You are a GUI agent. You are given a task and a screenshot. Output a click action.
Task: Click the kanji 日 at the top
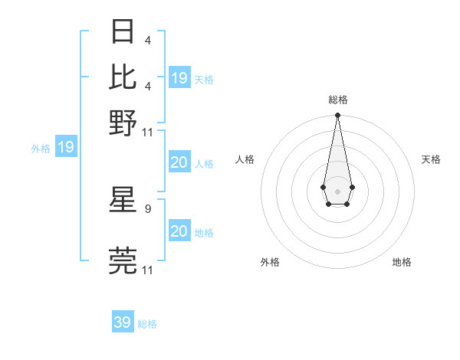point(123,33)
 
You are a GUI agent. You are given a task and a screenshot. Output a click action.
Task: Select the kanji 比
point(123,77)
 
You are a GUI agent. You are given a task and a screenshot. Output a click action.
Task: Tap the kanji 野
point(123,122)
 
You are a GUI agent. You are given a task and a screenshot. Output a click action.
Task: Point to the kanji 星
point(123,200)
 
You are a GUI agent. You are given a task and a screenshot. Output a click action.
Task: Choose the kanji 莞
point(123,260)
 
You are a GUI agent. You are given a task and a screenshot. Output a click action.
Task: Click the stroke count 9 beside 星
point(147,208)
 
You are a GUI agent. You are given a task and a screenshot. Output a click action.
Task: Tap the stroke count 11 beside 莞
point(148,270)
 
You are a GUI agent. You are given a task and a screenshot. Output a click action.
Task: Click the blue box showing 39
point(123,322)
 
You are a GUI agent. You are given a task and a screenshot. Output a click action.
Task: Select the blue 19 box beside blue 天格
point(179,78)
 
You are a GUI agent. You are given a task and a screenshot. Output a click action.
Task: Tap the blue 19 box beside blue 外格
point(66,147)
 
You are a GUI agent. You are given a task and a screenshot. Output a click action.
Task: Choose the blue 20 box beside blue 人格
point(179,162)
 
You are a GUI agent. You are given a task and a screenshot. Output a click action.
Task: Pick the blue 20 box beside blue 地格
point(179,231)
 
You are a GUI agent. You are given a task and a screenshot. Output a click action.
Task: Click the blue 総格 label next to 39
point(147,324)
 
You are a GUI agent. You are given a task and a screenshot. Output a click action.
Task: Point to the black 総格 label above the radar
point(337,100)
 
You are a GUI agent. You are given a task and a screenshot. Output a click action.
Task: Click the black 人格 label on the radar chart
point(245,159)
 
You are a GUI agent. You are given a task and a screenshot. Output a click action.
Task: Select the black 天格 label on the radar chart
point(431,159)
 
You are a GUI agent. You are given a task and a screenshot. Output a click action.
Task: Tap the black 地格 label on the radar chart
point(402,262)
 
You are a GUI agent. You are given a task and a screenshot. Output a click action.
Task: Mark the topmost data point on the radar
point(337,116)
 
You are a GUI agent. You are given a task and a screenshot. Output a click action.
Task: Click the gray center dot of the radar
point(337,190)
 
